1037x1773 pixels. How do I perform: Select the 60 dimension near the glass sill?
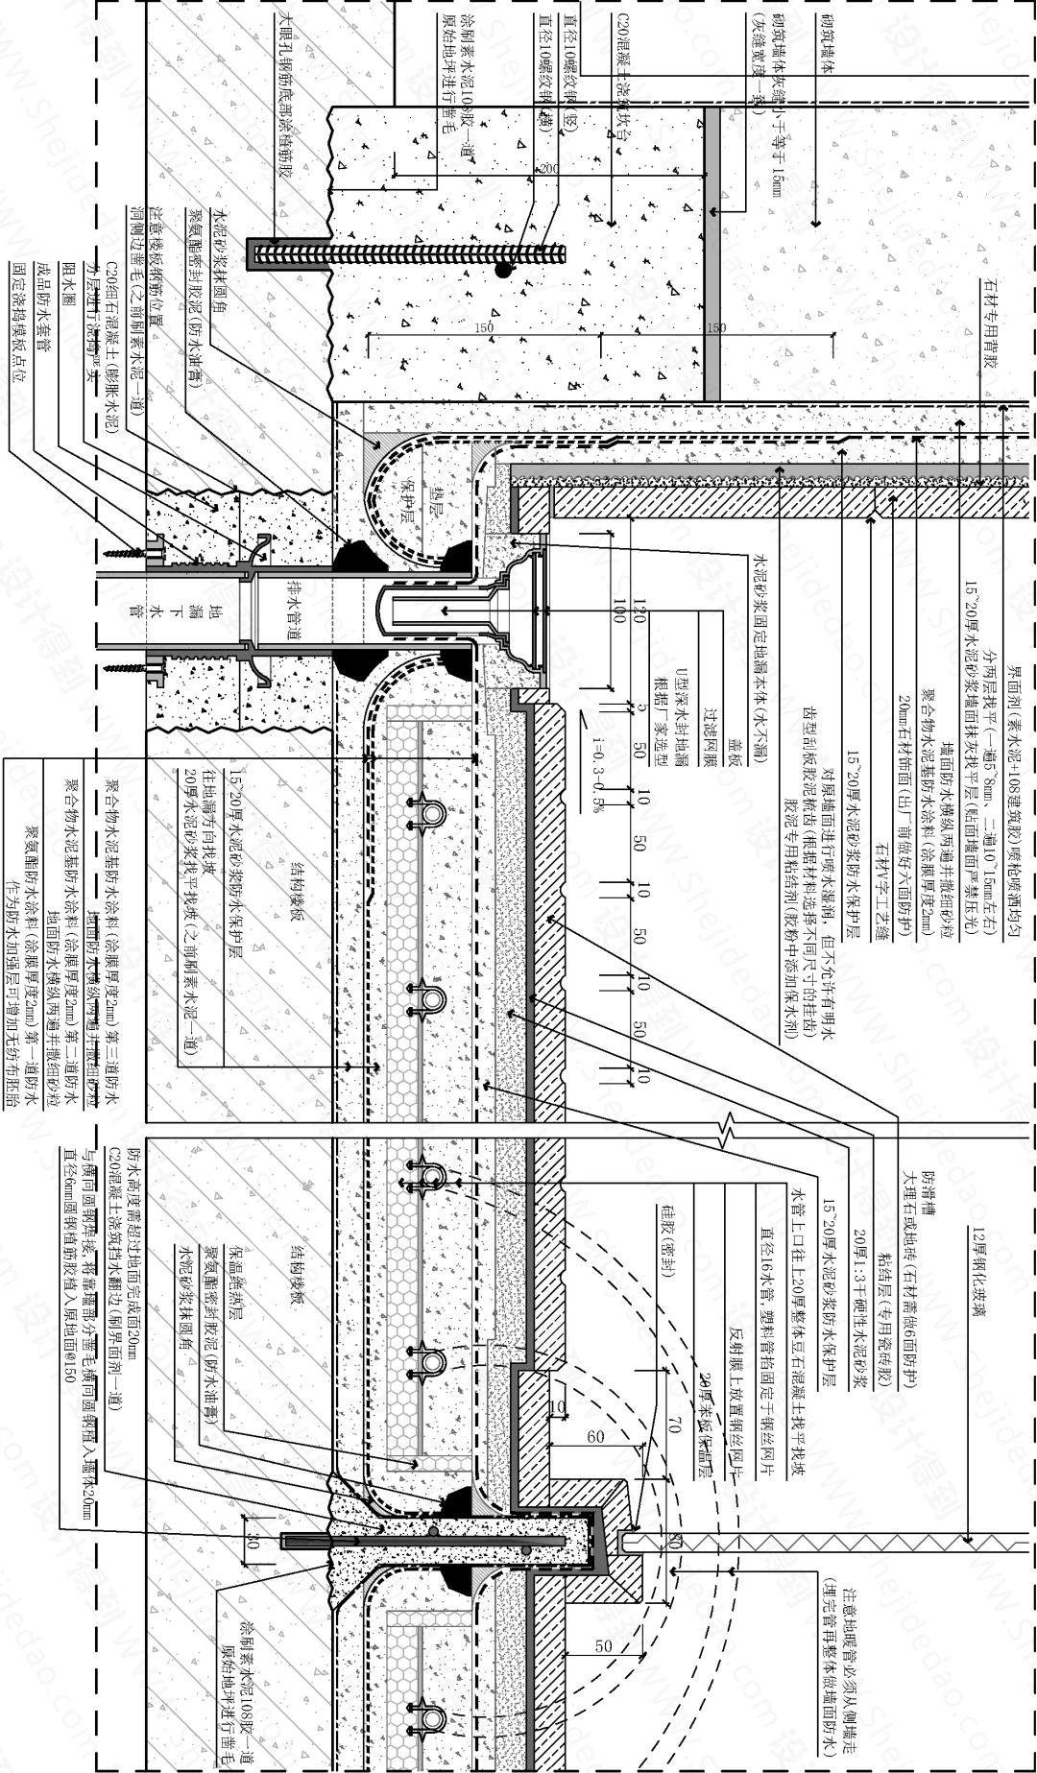pos(595,1437)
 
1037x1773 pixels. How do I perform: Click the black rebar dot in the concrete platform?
pos(502,272)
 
